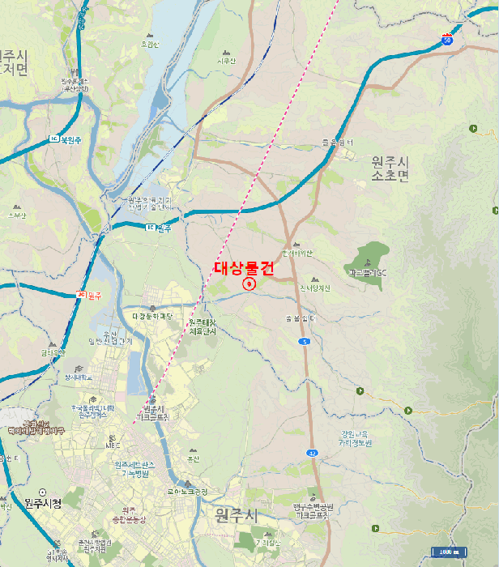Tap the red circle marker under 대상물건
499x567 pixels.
pyautogui.click(x=249, y=284)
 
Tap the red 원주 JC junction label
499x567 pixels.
pyautogui.click(x=89, y=296)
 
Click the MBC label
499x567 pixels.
pyautogui.click(x=112, y=444)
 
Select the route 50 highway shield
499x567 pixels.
pyautogui.click(x=447, y=38)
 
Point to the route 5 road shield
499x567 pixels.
pyautogui.click(x=304, y=343)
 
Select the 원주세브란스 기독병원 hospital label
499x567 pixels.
pyautogui.click(x=131, y=469)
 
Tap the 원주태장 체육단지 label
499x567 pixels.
pyautogui.click(x=203, y=326)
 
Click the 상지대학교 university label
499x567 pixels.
pyautogui.click(x=79, y=377)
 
